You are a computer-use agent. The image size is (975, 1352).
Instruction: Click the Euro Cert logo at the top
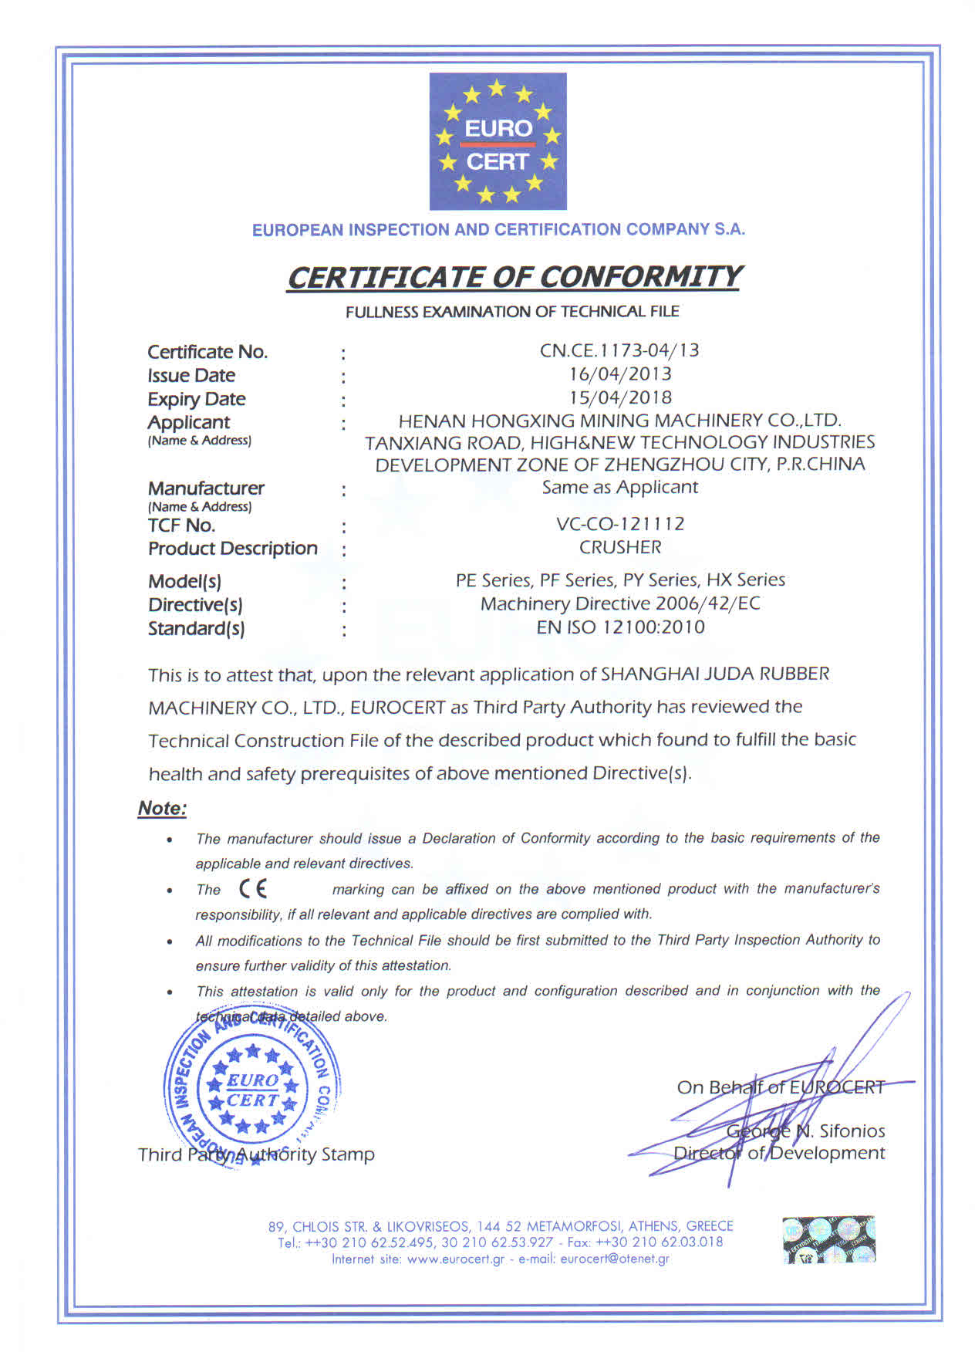(x=498, y=141)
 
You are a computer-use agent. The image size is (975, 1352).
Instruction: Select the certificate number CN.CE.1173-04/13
(x=619, y=350)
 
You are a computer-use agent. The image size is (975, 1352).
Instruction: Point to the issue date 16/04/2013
(x=620, y=374)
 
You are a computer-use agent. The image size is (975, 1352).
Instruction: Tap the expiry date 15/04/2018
(x=620, y=397)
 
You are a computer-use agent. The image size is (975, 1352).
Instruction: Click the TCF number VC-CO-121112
(x=620, y=524)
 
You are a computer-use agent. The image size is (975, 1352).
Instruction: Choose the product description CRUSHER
(x=620, y=547)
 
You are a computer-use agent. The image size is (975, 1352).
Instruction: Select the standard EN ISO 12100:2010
(x=620, y=627)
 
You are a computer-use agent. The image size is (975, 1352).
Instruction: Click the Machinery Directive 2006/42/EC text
(x=620, y=603)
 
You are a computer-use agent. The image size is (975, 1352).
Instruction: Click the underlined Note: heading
(x=162, y=809)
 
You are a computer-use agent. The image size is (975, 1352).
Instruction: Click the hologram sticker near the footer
(x=829, y=1239)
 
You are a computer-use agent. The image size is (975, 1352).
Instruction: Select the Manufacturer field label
(x=206, y=488)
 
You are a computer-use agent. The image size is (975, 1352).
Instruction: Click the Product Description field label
(x=232, y=549)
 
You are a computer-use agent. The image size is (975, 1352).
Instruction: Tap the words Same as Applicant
(x=620, y=487)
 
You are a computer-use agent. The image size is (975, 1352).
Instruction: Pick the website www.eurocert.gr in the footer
(x=455, y=1259)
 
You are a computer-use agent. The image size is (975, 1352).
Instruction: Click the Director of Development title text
(x=779, y=1153)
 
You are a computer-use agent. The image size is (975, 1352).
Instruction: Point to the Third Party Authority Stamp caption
(x=256, y=1154)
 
